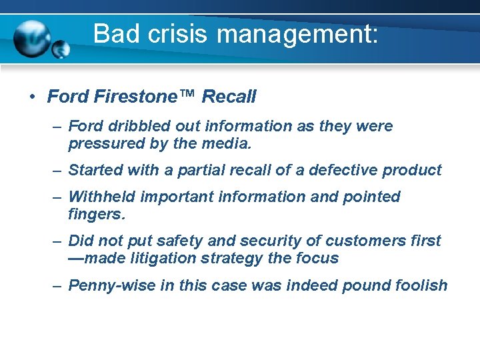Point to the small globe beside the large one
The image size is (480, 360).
coord(61,49)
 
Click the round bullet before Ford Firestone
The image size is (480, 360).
coord(32,97)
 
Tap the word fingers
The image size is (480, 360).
coord(97,215)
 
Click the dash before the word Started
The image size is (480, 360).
coord(59,171)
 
